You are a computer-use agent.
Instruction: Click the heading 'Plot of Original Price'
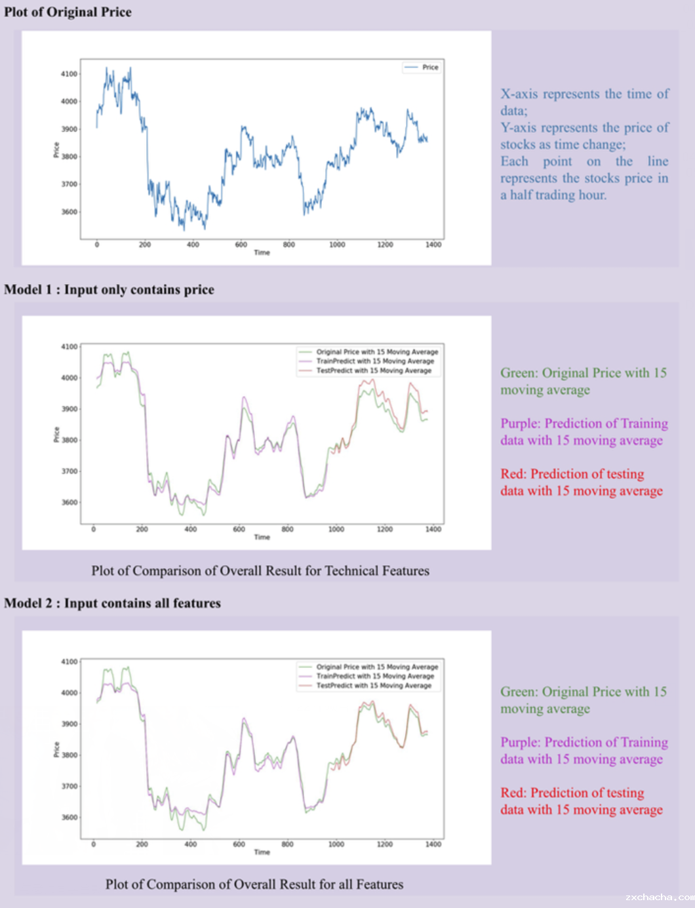pos(68,12)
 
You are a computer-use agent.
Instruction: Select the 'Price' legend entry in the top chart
pos(429,67)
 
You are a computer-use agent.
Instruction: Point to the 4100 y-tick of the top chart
pos(69,74)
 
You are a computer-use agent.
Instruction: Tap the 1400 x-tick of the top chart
pos(433,245)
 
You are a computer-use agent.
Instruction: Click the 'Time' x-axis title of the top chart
pos(262,252)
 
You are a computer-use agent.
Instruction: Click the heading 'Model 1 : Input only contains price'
pos(109,290)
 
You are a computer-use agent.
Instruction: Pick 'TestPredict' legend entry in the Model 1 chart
pos(374,370)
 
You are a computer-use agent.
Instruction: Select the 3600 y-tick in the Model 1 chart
pos(69,502)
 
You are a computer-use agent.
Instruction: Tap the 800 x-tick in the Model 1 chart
pos(287,529)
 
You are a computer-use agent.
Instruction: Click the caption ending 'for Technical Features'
pos(260,570)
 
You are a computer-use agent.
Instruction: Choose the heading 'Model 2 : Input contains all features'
pos(112,603)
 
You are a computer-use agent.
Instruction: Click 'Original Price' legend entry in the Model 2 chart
pos(377,667)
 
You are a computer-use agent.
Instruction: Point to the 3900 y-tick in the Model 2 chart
pos(69,724)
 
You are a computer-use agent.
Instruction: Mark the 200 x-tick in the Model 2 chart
pos(142,844)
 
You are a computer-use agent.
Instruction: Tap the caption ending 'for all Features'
pos(254,884)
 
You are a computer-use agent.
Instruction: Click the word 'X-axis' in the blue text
pos(519,94)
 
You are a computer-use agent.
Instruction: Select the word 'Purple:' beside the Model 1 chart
pos(521,424)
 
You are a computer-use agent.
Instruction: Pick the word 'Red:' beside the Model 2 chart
pos(513,793)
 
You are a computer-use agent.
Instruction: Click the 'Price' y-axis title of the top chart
pos(56,150)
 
